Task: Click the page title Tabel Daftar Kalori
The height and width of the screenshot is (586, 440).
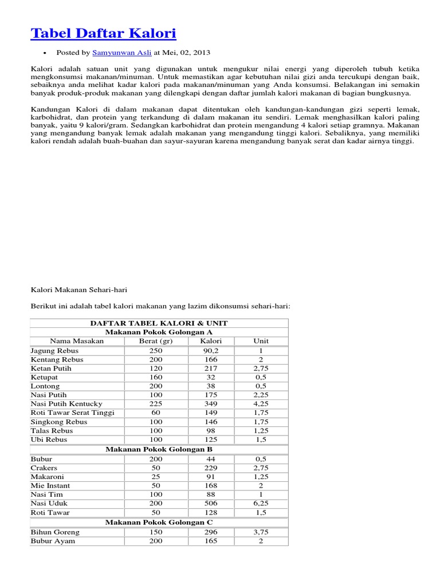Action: (x=103, y=33)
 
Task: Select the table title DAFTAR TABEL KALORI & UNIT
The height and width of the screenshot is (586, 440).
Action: (x=159, y=323)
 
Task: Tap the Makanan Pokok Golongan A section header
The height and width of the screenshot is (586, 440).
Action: (x=159, y=332)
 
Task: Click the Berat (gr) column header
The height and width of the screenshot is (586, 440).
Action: (x=156, y=341)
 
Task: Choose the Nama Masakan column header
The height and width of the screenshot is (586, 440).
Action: (x=77, y=341)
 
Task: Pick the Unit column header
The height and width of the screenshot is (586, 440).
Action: (x=261, y=341)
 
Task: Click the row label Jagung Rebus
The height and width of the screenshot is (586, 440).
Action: (x=55, y=350)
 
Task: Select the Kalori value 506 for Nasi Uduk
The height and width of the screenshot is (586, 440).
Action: (x=211, y=504)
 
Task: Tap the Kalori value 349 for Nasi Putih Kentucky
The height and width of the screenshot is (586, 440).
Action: (x=211, y=403)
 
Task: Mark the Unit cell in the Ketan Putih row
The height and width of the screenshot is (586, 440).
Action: (x=261, y=369)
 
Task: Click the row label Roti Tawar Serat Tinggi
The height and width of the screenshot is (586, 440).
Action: (x=73, y=413)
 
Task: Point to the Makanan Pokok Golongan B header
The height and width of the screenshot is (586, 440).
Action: (x=159, y=449)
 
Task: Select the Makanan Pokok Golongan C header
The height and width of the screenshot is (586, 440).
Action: (x=159, y=522)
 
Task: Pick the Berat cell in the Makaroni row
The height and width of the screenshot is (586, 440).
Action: (x=156, y=477)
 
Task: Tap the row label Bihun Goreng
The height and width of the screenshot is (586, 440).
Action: (x=56, y=532)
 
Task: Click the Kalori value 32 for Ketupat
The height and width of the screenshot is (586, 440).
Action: (x=211, y=377)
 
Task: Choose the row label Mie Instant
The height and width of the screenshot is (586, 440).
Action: (x=50, y=485)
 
